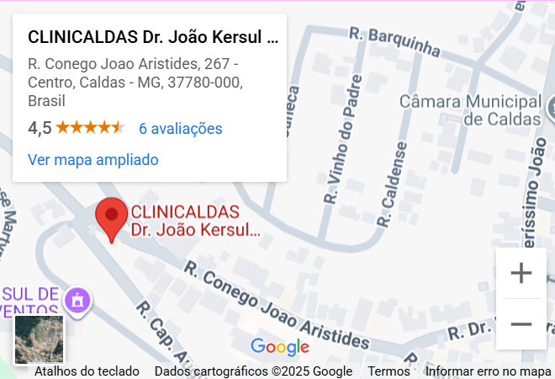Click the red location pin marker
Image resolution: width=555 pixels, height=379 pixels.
coord(111,218)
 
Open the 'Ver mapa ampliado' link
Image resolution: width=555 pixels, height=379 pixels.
coord(93,159)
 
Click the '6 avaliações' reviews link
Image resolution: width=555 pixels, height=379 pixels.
coord(180,128)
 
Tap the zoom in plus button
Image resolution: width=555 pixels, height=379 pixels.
coord(521,274)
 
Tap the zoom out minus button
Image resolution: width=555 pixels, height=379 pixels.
coord(521,324)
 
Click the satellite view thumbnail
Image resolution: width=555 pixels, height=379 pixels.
coord(40,339)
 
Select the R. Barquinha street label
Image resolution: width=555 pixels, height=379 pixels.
coord(394,42)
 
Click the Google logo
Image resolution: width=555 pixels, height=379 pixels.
coord(280,346)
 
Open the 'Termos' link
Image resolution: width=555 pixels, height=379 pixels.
coord(389,371)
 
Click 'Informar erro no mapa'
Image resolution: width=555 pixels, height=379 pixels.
coord(489,371)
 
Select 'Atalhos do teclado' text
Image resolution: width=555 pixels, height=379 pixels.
coord(87,371)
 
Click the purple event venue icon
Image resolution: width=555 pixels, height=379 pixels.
coord(78,299)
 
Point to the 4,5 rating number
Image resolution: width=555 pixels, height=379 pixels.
coord(40,128)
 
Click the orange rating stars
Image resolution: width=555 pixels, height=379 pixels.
coord(91,128)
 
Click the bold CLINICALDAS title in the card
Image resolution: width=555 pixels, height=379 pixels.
coord(152,37)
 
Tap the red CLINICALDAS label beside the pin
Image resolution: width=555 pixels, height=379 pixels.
coord(193,220)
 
